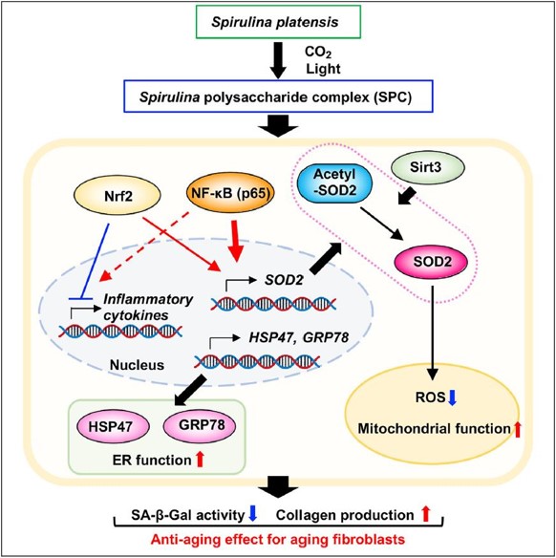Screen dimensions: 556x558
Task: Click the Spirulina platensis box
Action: pyautogui.click(x=275, y=21)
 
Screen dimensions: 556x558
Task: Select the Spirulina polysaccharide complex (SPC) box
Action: pyautogui.click(x=278, y=97)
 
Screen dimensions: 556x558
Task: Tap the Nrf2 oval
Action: pyautogui.click(x=118, y=195)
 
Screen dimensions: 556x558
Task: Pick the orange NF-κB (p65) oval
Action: pyautogui.click(x=231, y=193)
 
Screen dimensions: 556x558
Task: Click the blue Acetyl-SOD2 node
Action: pyautogui.click(x=334, y=183)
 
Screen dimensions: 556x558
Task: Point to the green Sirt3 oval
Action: pyautogui.click(x=428, y=166)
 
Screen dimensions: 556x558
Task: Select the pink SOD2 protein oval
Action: pyautogui.click(x=432, y=262)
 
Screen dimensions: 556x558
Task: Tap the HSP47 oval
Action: pyautogui.click(x=113, y=427)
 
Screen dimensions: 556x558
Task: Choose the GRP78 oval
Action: pyautogui.click(x=200, y=425)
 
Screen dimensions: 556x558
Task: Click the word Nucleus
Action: pyautogui.click(x=137, y=365)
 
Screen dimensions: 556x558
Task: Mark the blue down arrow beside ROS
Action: pyautogui.click(x=452, y=397)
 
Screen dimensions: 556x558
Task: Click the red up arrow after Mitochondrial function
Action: pyautogui.click(x=517, y=429)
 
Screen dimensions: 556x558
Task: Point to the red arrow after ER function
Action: pyautogui.click(x=200, y=459)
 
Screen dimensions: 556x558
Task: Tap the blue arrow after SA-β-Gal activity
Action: pyautogui.click(x=252, y=513)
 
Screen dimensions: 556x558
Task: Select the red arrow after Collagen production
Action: pyautogui.click(x=426, y=514)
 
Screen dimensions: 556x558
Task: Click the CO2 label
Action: pyautogui.click(x=318, y=53)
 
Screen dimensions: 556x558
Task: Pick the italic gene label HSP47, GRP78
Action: pyautogui.click(x=299, y=337)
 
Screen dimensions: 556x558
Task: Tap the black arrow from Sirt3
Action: pyautogui.click(x=407, y=197)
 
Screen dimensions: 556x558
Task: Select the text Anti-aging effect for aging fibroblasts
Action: pyautogui.click(x=278, y=540)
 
